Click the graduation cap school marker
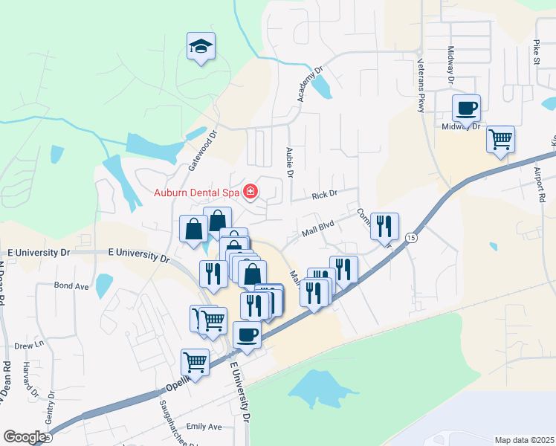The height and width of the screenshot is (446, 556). (x=201, y=47)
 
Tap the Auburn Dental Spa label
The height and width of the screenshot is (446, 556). (x=196, y=193)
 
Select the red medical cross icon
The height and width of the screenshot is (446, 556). (x=250, y=193)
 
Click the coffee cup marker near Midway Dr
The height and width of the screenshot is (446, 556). (x=467, y=109)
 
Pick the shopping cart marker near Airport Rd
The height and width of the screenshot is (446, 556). (x=500, y=138)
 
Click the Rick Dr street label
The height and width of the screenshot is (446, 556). (x=324, y=195)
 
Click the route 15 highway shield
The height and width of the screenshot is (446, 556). (x=410, y=236)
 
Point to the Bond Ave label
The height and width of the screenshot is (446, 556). (x=71, y=285)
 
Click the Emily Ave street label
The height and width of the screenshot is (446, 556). (x=204, y=427)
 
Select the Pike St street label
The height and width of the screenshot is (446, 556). (x=536, y=53)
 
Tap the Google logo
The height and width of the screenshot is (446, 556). (x=24, y=437)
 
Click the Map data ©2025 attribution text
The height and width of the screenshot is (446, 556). (x=524, y=440)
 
